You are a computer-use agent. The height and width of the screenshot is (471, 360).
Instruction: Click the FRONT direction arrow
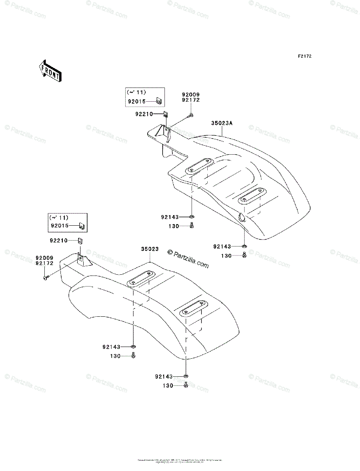coord(49,70)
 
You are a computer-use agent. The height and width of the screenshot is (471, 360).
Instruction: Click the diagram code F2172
coord(304,57)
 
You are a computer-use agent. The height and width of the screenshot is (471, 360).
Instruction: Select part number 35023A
coord(222,123)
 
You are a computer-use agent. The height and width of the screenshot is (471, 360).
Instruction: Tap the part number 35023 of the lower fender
coord(150,249)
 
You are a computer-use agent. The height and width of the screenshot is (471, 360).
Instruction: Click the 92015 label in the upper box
coord(136,102)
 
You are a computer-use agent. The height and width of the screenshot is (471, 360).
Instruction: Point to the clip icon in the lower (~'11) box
coord(82,226)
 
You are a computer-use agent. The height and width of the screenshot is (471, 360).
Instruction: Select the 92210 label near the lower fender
coord(58,240)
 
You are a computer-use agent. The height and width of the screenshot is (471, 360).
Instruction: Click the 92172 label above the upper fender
coord(191,100)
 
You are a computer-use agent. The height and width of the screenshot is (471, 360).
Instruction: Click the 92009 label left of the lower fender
coord(44,258)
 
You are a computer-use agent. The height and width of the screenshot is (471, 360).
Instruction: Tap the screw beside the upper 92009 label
coord(191,115)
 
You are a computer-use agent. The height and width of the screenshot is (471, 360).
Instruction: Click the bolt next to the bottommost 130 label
coord(186,386)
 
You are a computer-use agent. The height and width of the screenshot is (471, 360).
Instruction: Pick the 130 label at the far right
coord(226,256)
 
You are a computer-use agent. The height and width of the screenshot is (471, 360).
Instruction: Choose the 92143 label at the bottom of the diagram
coord(164,376)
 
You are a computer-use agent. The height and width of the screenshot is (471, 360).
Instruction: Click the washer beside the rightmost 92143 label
coord(244,246)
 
